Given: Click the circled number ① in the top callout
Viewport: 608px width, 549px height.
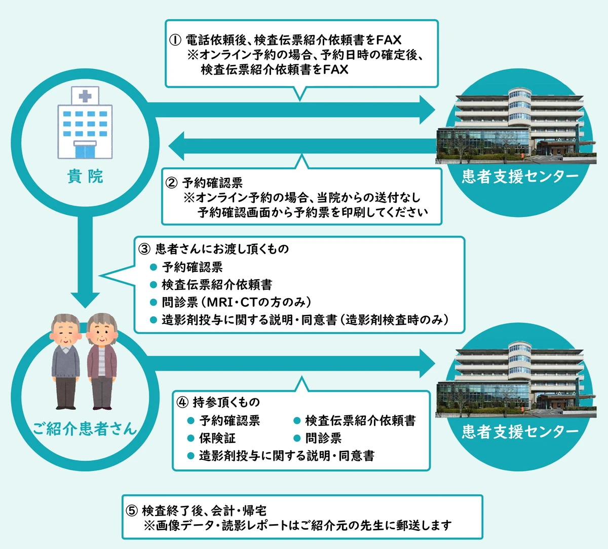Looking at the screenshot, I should point(175,40).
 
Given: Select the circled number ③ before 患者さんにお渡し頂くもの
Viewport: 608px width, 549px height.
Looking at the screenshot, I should point(144,249).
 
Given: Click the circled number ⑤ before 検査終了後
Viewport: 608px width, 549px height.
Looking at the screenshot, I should point(131,510).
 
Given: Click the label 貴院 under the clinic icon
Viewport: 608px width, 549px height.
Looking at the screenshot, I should point(85,177).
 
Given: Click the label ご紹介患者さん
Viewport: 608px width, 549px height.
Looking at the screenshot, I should point(85,429).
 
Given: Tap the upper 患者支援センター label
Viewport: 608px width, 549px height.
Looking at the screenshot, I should point(520,176).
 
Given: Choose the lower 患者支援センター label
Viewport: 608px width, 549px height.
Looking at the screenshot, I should point(520,431).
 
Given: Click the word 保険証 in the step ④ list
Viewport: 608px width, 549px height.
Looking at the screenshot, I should point(217,438).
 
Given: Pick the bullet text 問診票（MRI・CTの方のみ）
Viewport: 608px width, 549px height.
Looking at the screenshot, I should point(236,303).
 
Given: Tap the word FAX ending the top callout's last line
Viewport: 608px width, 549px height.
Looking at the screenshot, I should point(335,69).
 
